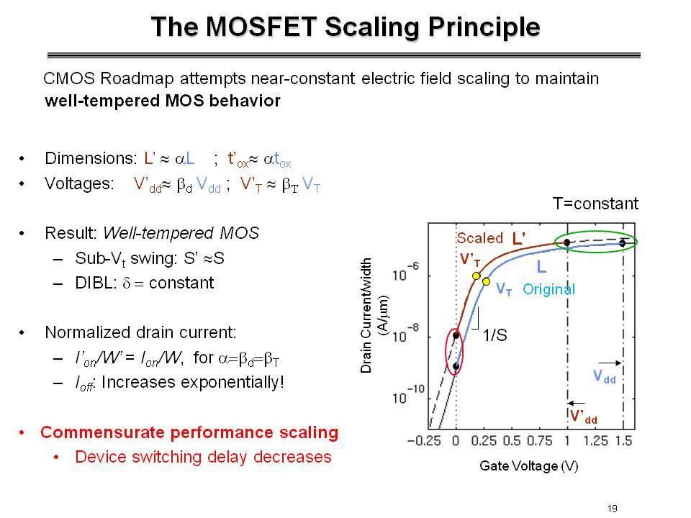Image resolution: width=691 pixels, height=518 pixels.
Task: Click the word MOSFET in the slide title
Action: coord(261,27)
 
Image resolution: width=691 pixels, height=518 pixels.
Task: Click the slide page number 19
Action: coord(612,509)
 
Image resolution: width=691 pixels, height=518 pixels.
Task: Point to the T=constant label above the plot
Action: coord(595,204)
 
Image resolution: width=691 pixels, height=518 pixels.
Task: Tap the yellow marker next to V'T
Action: coord(476,276)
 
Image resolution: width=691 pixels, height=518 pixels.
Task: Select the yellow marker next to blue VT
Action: coord(486,281)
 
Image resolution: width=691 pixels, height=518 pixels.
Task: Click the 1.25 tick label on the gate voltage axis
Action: coord(595,440)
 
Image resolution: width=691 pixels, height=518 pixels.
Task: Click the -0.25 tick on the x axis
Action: coord(424,440)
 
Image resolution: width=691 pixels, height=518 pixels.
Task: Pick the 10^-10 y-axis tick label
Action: coord(408,395)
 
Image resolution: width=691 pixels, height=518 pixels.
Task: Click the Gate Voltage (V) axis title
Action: coord(529,465)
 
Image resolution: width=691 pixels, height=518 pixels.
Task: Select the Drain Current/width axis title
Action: coord(366,315)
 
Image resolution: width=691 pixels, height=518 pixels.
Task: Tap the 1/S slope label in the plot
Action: coord(494,335)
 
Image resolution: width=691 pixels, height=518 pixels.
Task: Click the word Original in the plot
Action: coord(548,289)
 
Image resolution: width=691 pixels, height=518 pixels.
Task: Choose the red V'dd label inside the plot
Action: coord(584,417)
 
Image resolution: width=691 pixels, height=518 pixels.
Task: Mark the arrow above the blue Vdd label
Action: coord(610,363)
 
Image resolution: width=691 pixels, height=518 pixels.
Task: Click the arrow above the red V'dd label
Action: coord(577,403)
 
